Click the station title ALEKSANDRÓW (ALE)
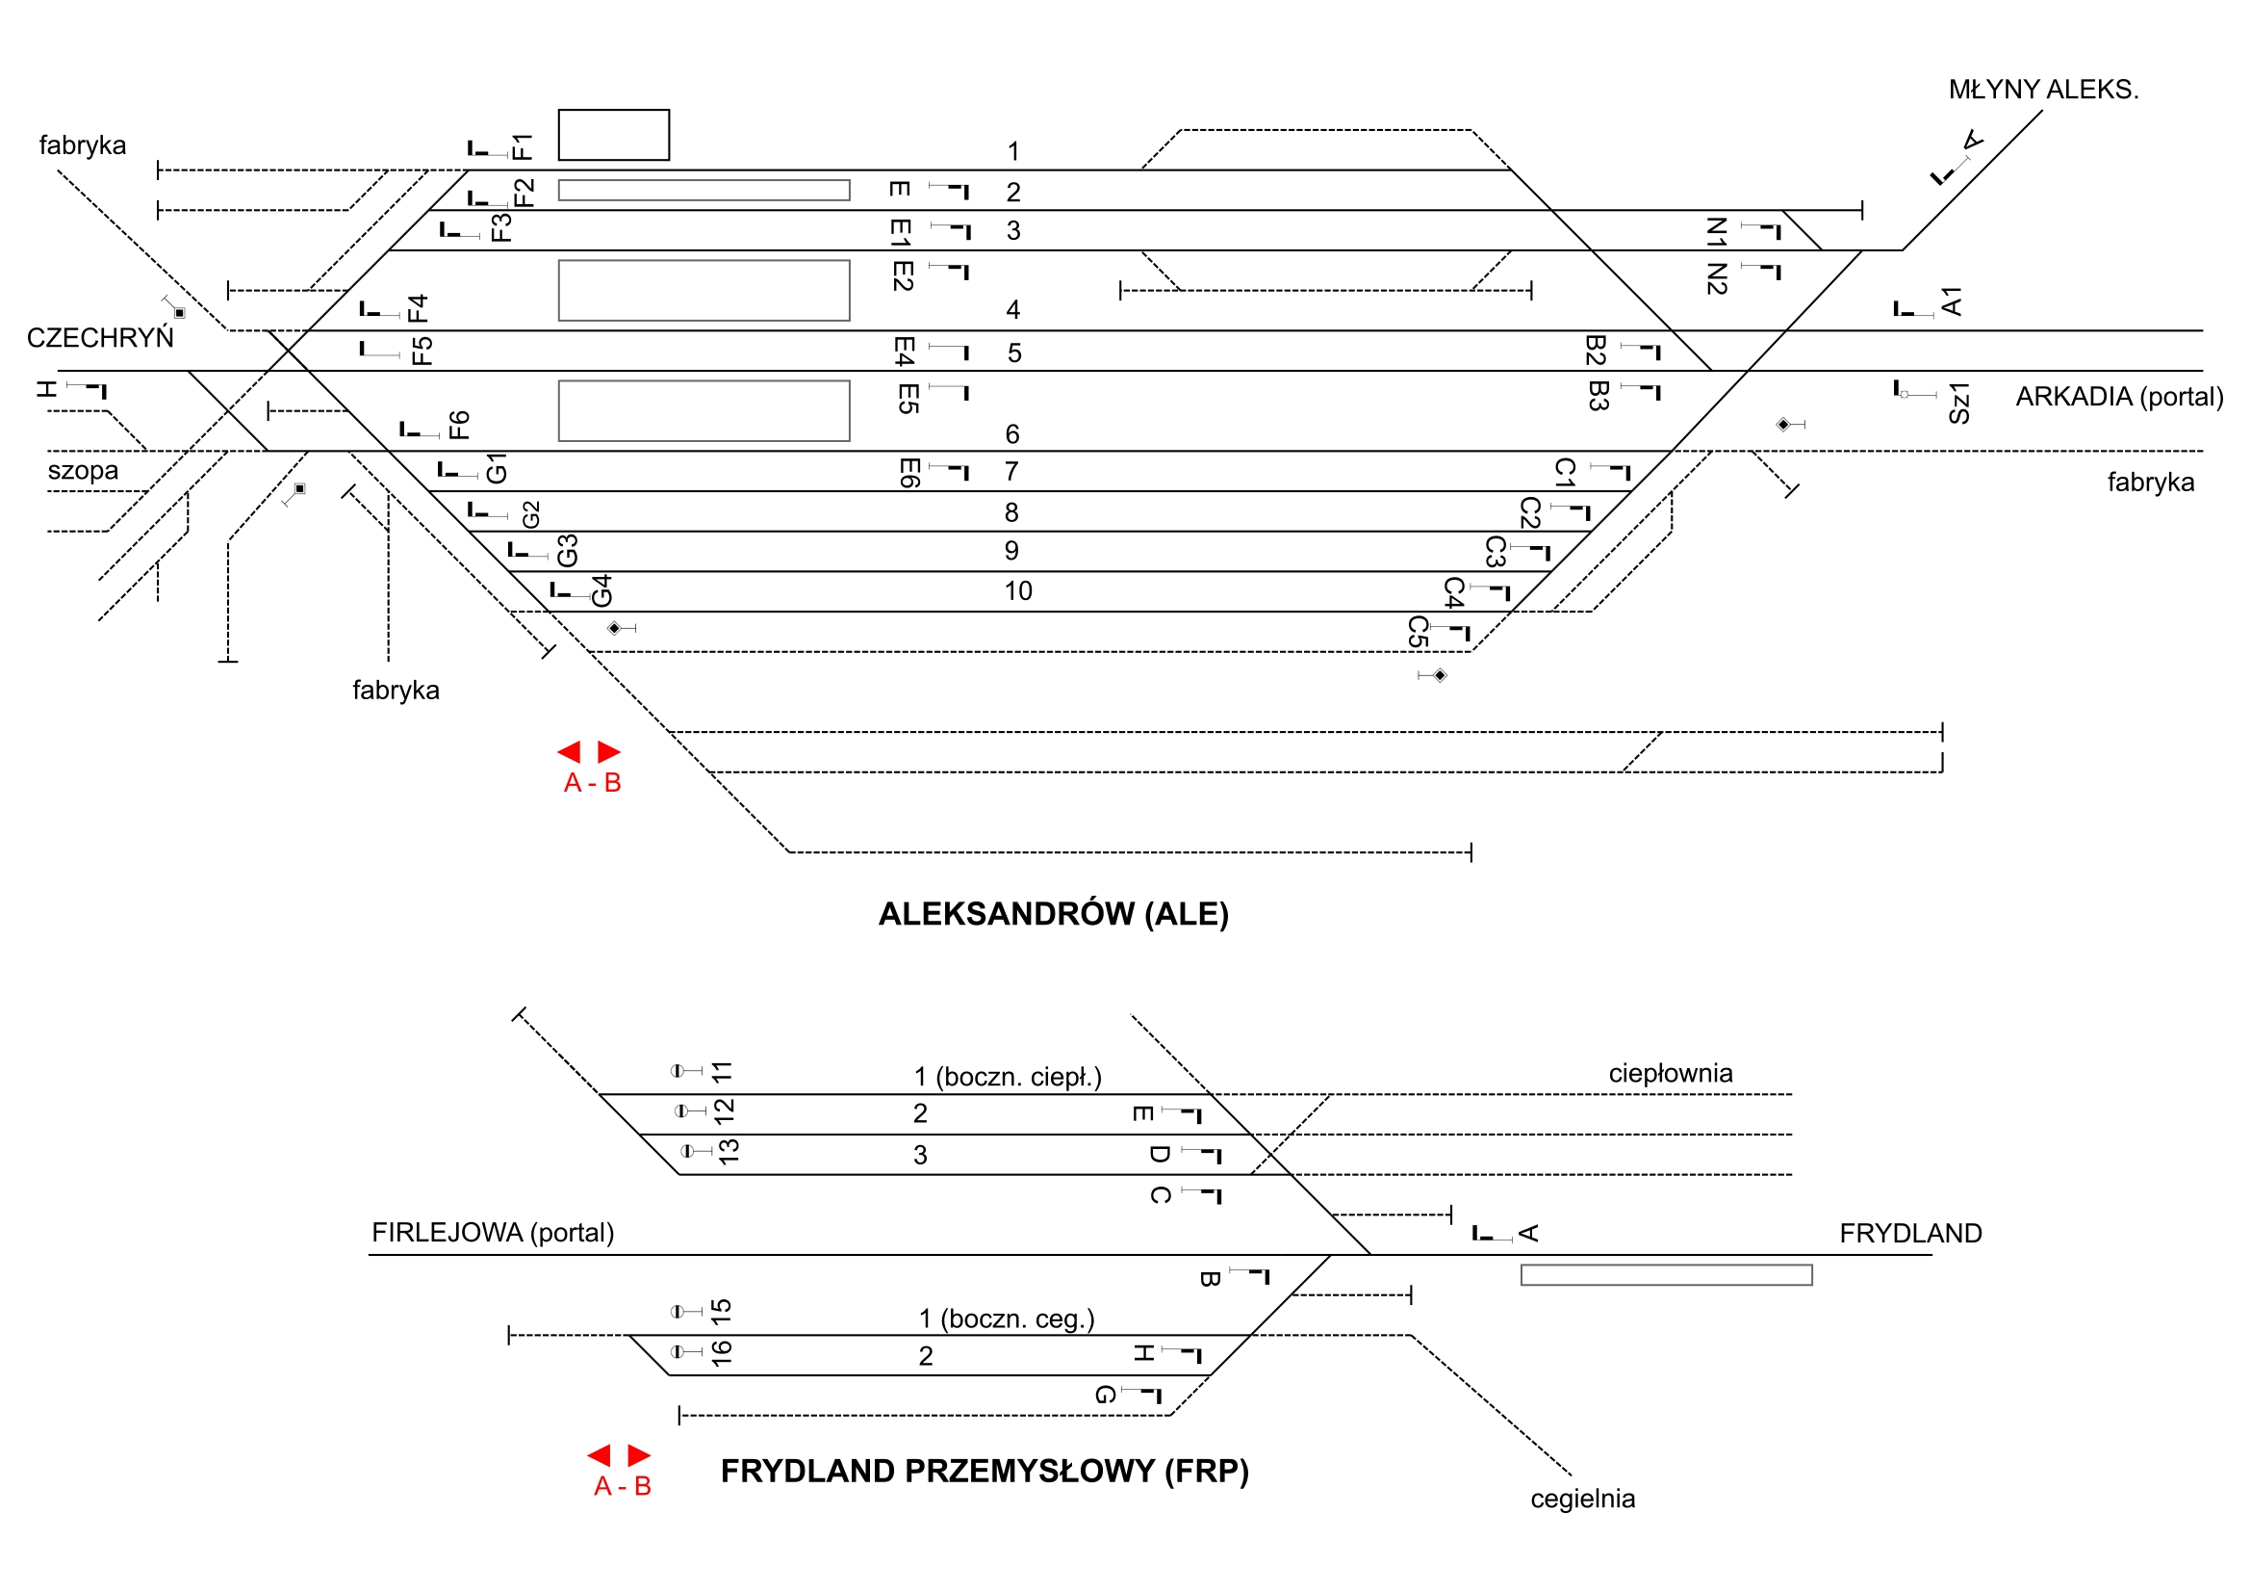pyautogui.click(x=1053, y=914)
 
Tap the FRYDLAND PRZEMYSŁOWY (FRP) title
pyautogui.click(x=985, y=1472)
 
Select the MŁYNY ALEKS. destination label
pyautogui.click(x=2043, y=90)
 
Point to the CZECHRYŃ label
pyautogui.click(x=100, y=337)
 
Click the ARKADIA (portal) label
pyautogui.click(x=2118, y=396)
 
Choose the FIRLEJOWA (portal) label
pyautogui.click(x=492, y=1232)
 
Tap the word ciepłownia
pyautogui.click(x=1671, y=1073)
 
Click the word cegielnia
pyautogui.click(x=1582, y=1499)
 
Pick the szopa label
pyautogui.click(x=84, y=470)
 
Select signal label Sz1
pyautogui.click(x=1958, y=404)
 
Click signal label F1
pyautogui.click(x=522, y=147)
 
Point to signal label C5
pyautogui.click(x=1417, y=632)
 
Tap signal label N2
pyautogui.click(x=1716, y=278)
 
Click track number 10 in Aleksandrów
pyautogui.click(x=1017, y=590)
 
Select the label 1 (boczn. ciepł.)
pyautogui.click(x=1008, y=1077)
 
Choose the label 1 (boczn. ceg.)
pyautogui.click(x=1006, y=1319)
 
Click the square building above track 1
pyautogui.click(x=614, y=135)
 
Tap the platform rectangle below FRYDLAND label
pyautogui.click(x=1666, y=1275)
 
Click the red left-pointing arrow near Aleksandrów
pyautogui.click(x=570, y=752)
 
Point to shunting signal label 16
pyautogui.click(x=722, y=1353)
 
